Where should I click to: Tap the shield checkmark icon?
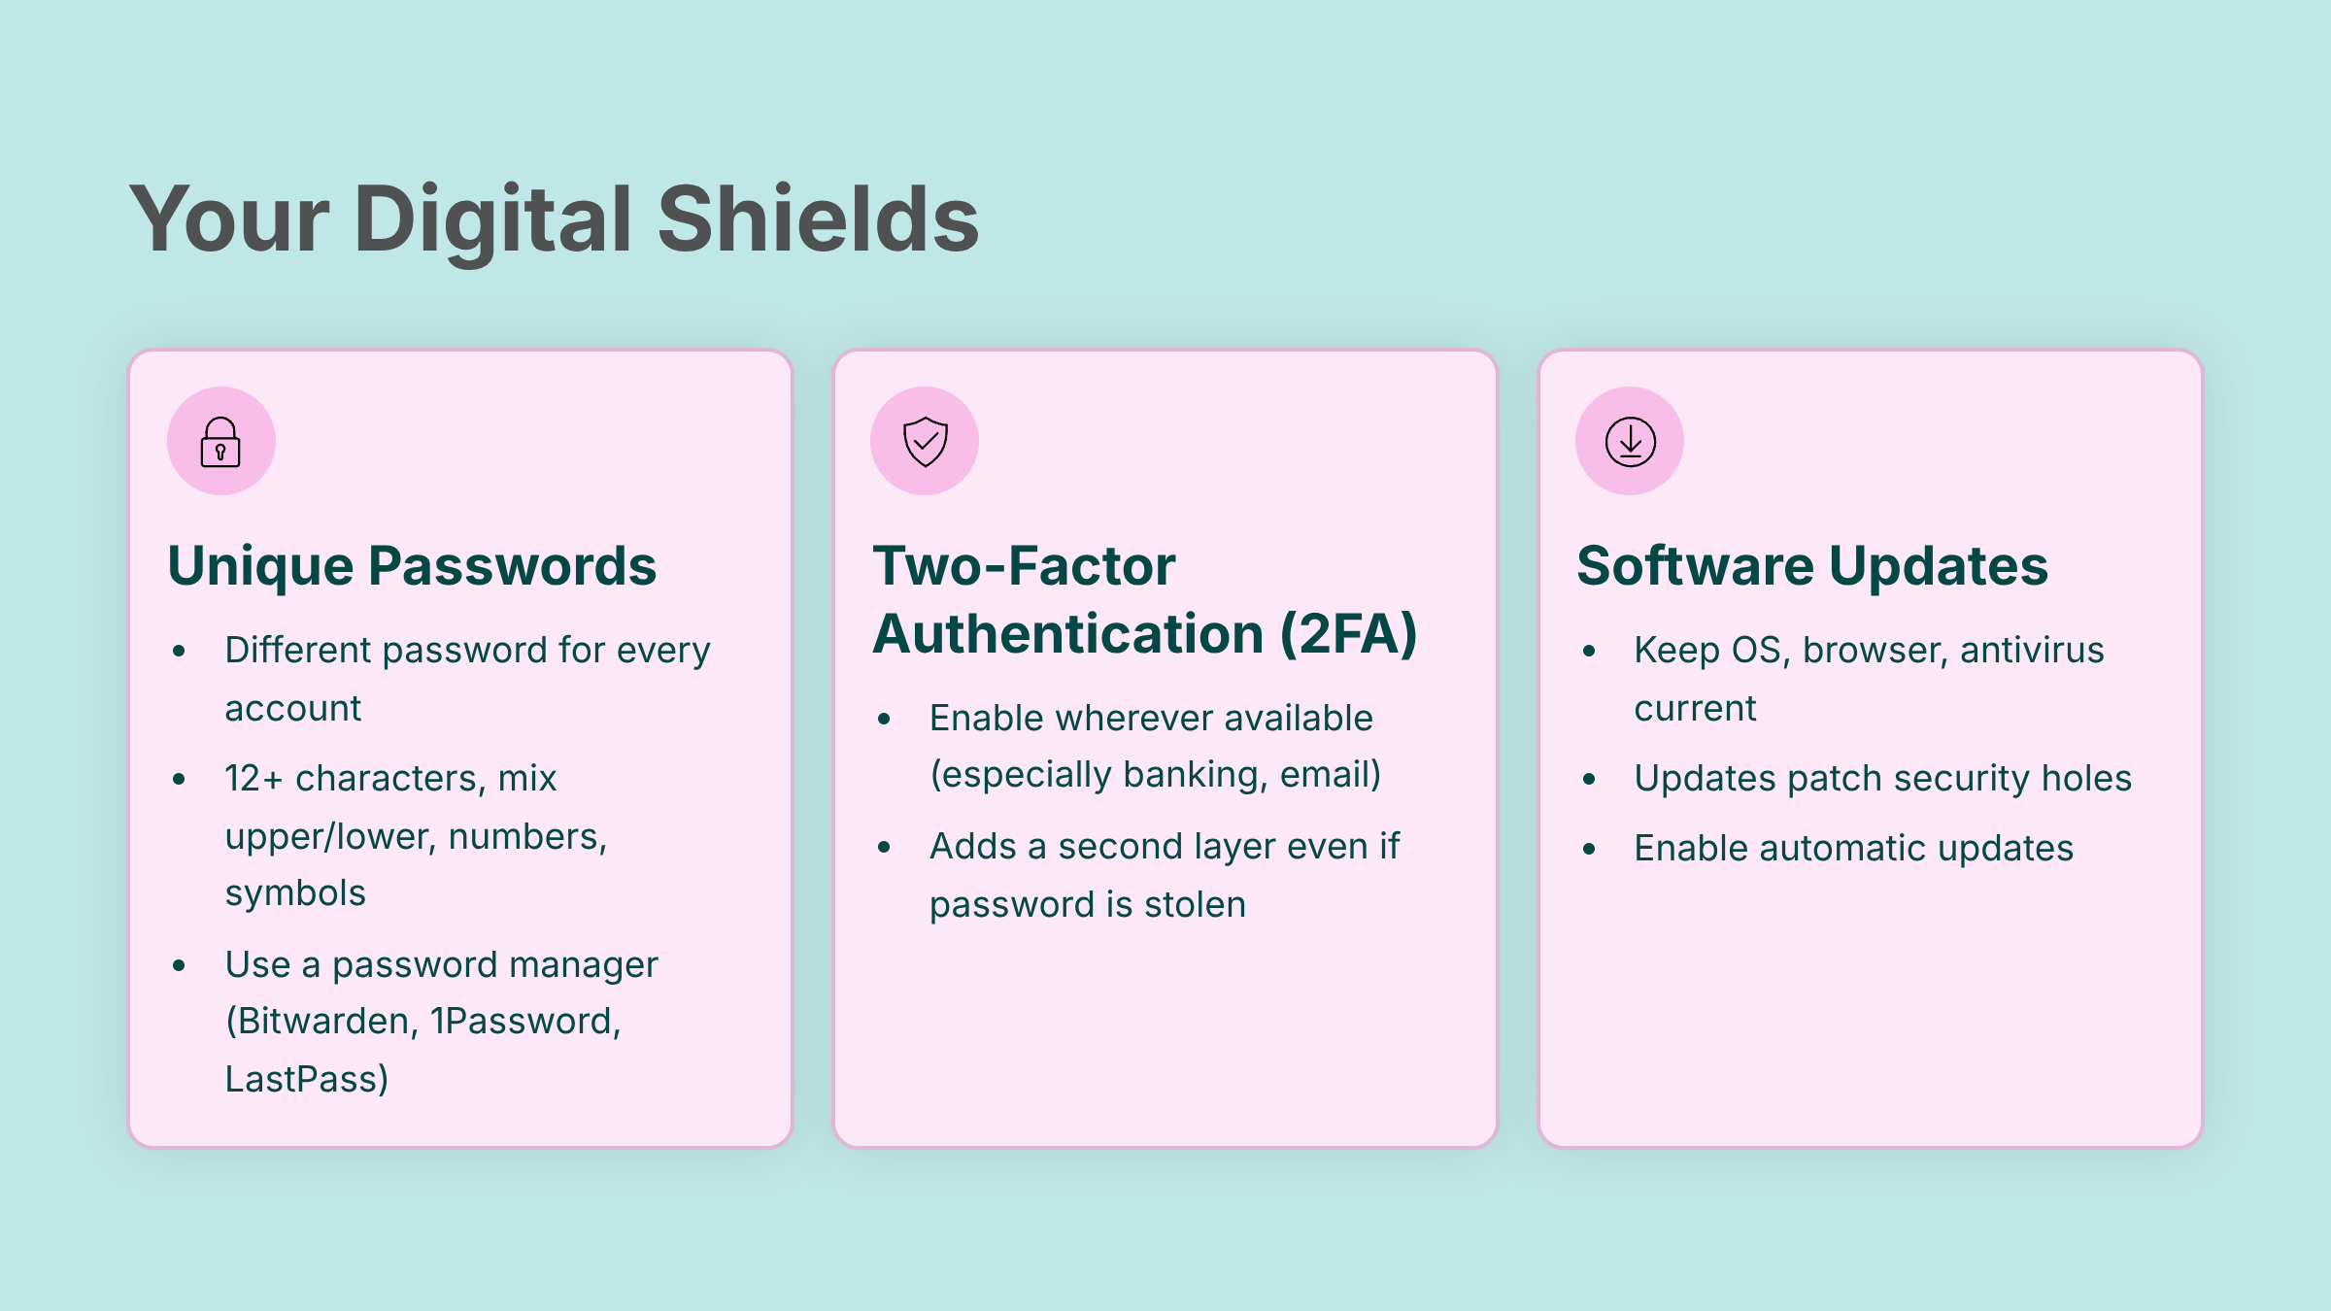[925, 442]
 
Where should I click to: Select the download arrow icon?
[1630, 442]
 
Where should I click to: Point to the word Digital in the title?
[493, 222]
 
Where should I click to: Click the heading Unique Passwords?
[412, 566]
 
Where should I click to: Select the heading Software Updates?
[1812, 566]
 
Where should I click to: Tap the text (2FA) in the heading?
[1348, 634]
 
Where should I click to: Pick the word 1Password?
[525, 1022]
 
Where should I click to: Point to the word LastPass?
[301, 1079]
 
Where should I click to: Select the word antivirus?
[2032, 651]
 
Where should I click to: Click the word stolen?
[1195, 905]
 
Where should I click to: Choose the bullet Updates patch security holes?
[1882, 779]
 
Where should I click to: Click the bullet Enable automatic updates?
[1853, 849]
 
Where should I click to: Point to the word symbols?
[295, 893]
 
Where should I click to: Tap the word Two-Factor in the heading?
[1024, 566]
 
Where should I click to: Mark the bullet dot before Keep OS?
[1589, 651]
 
